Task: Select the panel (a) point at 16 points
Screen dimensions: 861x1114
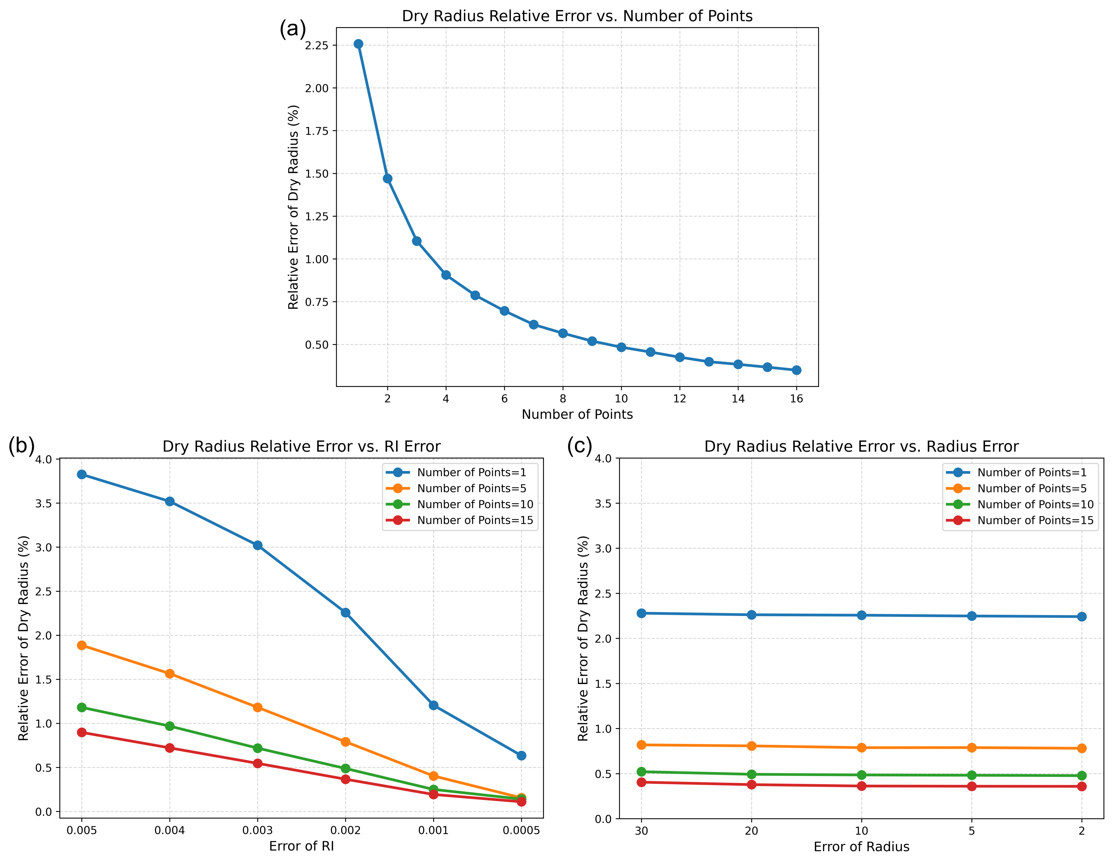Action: coord(796,370)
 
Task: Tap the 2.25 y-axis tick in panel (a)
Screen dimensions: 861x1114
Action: coord(317,45)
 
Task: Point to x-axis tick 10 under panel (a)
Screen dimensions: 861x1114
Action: coord(621,399)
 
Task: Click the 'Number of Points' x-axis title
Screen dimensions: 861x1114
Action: coord(577,414)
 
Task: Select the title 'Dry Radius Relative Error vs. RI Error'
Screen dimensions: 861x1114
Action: coord(301,447)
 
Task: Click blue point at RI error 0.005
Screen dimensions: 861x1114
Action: coord(82,475)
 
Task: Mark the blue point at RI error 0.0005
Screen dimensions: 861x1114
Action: coord(521,756)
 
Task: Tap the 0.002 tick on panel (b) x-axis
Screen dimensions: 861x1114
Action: coord(345,830)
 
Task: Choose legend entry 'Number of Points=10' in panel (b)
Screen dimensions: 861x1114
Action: coord(475,504)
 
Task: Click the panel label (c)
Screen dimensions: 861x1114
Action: coord(579,447)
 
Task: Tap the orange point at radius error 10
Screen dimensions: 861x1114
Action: coord(861,747)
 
